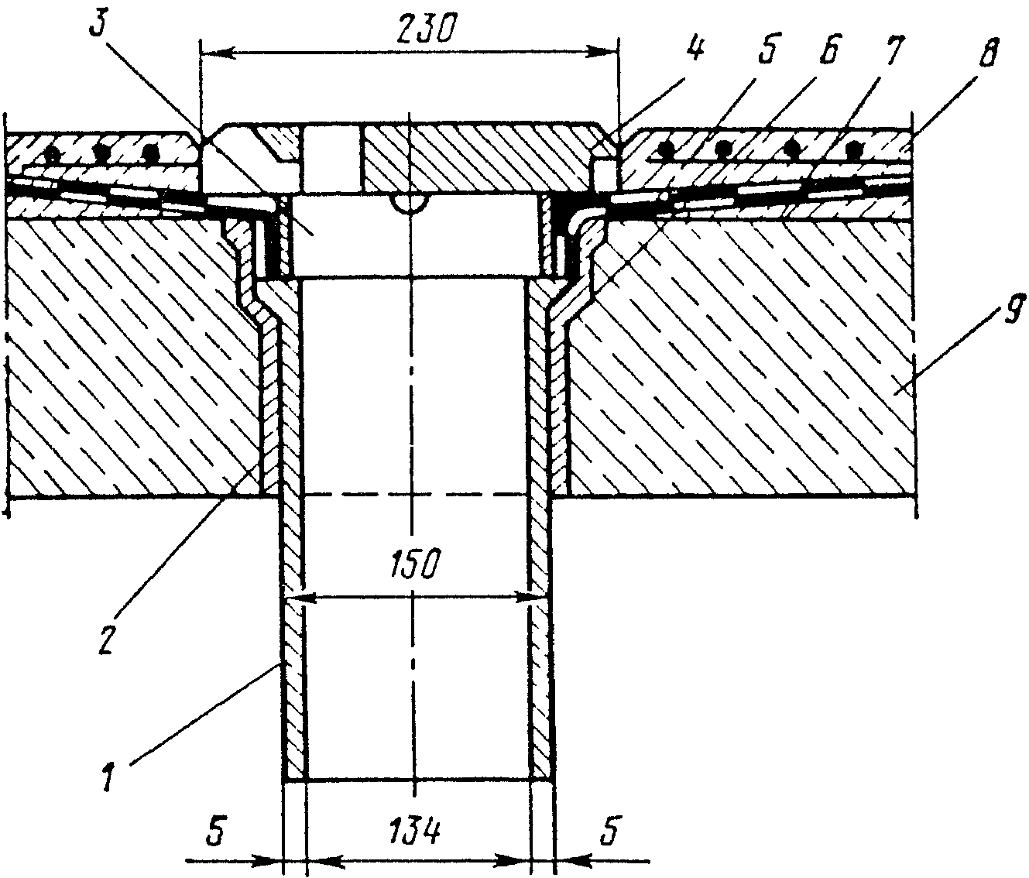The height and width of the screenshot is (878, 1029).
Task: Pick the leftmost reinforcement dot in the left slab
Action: [x=52, y=153]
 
